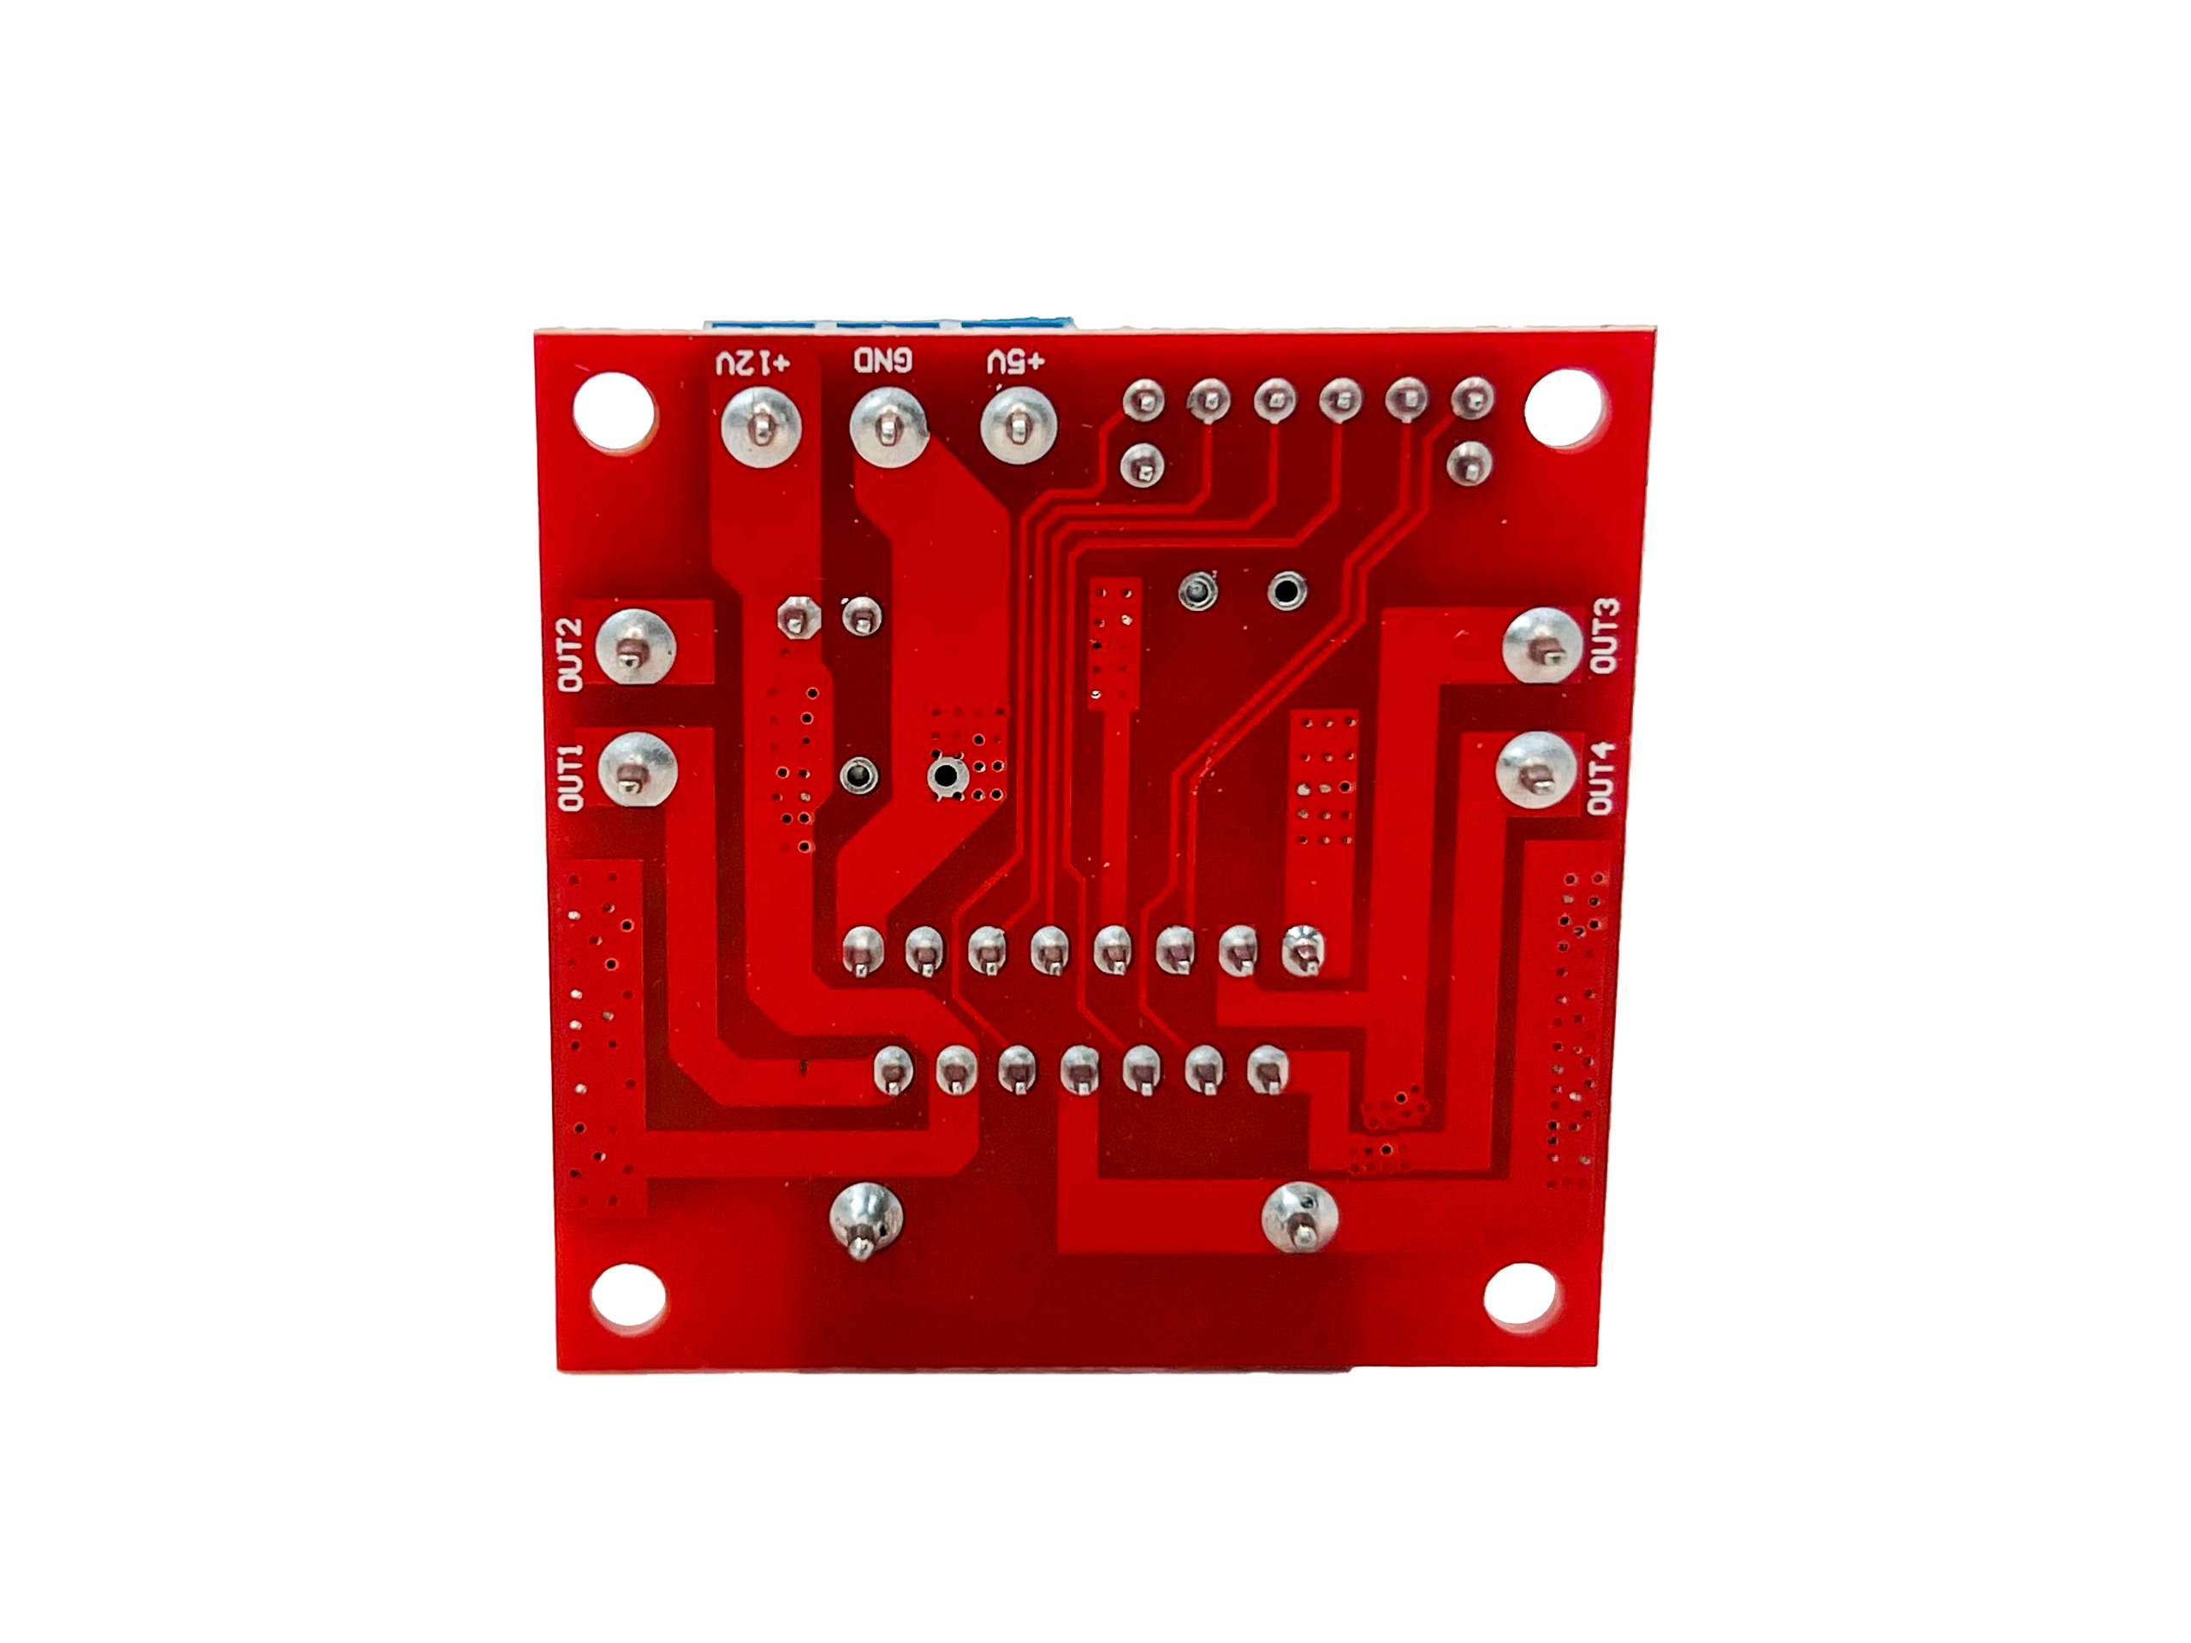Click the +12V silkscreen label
(x=755, y=364)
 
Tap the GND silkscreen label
(x=883, y=361)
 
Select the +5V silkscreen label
(x=1015, y=364)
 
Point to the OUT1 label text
(x=572, y=777)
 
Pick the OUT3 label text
(x=1605, y=636)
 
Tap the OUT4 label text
(x=1601, y=779)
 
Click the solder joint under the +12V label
(x=762, y=426)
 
